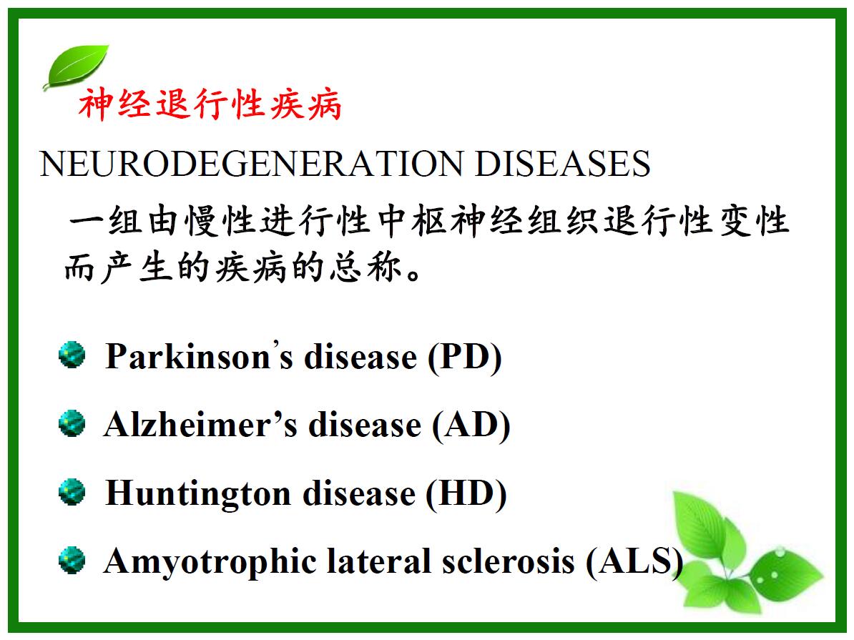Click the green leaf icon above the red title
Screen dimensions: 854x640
[x=77, y=67]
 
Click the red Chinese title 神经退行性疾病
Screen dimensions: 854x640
[x=210, y=104]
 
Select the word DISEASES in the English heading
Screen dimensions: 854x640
[x=563, y=164]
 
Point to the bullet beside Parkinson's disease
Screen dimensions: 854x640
[x=72, y=355]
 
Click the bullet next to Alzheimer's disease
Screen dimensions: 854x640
[x=72, y=424]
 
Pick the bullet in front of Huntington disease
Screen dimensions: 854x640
[x=72, y=493]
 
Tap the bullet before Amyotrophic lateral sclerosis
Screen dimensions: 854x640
[x=72, y=561]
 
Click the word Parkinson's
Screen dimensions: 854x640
[x=200, y=357]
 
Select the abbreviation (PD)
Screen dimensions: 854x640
[x=465, y=358]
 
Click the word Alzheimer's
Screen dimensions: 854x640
[x=201, y=425]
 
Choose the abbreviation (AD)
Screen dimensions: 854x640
[x=471, y=425]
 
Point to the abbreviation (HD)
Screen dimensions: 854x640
[x=466, y=494]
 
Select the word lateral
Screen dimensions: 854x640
[x=378, y=561]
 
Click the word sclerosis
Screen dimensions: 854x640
[x=508, y=561]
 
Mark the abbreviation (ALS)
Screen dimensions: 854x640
[x=634, y=562]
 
